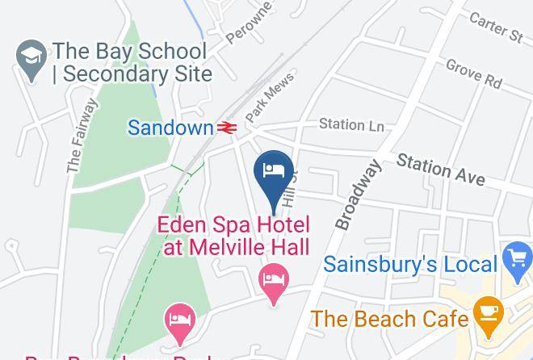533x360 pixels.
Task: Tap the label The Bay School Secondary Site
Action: point(132,63)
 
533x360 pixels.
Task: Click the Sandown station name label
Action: point(170,128)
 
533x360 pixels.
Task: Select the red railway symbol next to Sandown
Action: point(225,128)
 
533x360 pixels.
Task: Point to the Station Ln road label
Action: point(350,124)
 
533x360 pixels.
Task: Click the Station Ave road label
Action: point(440,170)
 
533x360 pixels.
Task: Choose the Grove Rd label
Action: point(473,74)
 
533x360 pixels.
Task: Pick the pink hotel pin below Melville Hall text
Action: point(275,283)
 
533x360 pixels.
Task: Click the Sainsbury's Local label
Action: point(410,264)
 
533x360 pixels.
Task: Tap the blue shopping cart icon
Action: point(517,261)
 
